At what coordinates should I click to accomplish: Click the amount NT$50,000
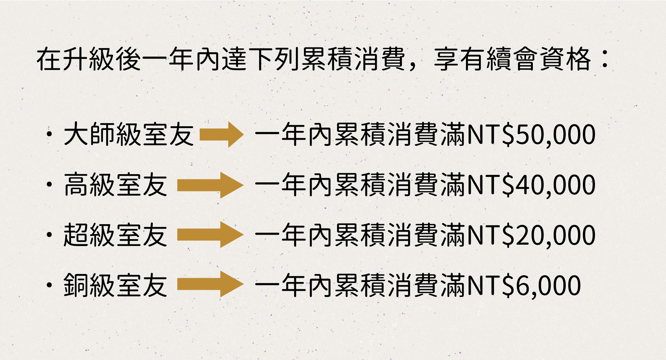531,135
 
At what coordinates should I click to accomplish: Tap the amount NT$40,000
531,185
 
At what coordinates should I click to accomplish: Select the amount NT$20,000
531,235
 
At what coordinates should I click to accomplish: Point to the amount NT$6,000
523,286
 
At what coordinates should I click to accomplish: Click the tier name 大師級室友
129,135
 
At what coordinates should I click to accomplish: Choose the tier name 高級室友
116,185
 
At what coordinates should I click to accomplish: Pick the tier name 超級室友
116,235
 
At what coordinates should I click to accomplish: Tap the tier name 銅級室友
116,286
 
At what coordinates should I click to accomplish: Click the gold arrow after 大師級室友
221,135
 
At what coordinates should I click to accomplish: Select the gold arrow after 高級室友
210,185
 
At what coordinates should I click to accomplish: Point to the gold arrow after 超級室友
210,235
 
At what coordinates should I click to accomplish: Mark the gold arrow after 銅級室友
210,284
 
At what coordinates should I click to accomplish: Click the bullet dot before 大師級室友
49,135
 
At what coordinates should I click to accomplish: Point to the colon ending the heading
605,59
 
